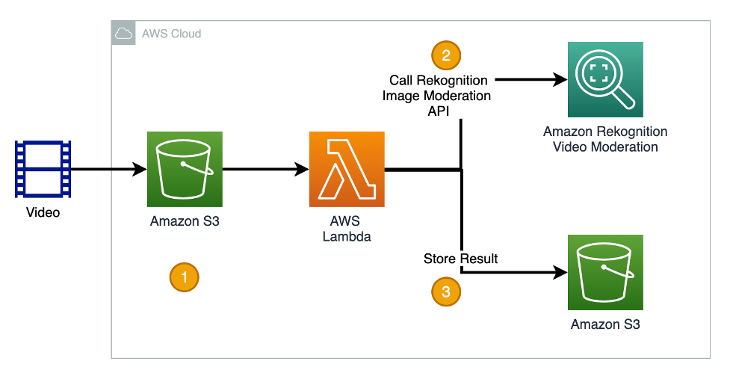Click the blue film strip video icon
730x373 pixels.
[x=43, y=169]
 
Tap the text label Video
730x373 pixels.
[x=43, y=213]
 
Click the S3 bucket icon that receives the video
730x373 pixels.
[x=185, y=169]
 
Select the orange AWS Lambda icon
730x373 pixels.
[x=347, y=169]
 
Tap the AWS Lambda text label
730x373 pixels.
[x=347, y=229]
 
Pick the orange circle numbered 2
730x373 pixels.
[x=446, y=55]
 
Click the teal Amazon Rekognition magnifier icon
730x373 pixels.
[x=604, y=79]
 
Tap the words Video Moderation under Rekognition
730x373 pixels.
[x=605, y=147]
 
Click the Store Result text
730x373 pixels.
[x=460, y=259]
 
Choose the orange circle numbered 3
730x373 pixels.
[x=446, y=292]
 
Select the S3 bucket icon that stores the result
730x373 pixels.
[x=604, y=272]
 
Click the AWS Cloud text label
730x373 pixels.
[x=171, y=34]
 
